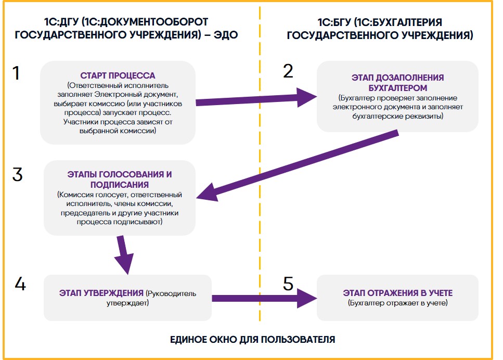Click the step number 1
[x=16, y=73]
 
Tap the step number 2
[x=288, y=71]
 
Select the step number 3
[x=17, y=175]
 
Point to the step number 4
[x=20, y=284]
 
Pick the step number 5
[x=288, y=284]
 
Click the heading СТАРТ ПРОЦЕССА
[x=118, y=75]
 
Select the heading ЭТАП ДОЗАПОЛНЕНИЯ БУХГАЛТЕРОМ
[x=397, y=83]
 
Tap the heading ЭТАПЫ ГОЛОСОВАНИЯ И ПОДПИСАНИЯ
[x=119, y=179]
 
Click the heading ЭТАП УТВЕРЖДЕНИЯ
[x=101, y=293]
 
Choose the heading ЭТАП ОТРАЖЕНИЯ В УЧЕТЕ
[x=398, y=293]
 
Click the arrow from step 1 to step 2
[x=256, y=99]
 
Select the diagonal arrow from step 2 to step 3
[x=298, y=165]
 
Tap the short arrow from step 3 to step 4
[x=124, y=255]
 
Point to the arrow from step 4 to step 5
[x=265, y=299]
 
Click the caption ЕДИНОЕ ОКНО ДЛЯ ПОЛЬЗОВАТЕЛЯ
[x=252, y=340]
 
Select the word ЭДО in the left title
[x=226, y=35]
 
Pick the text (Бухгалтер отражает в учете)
[x=398, y=303]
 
